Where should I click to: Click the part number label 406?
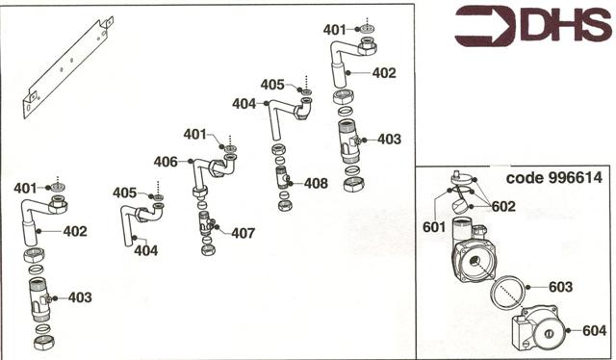tap(165, 163)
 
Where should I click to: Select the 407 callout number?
tap(243, 232)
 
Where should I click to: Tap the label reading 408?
tap(316, 183)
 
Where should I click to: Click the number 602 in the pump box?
tap(502, 206)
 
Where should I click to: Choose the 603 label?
tap(560, 287)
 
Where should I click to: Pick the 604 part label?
tap(595, 330)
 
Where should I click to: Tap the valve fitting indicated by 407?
tap(208, 227)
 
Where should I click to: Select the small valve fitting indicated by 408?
tap(284, 178)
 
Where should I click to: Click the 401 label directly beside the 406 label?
tap(195, 134)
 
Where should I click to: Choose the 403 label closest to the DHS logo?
tap(389, 140)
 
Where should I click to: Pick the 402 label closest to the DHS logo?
tap(384, 71)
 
